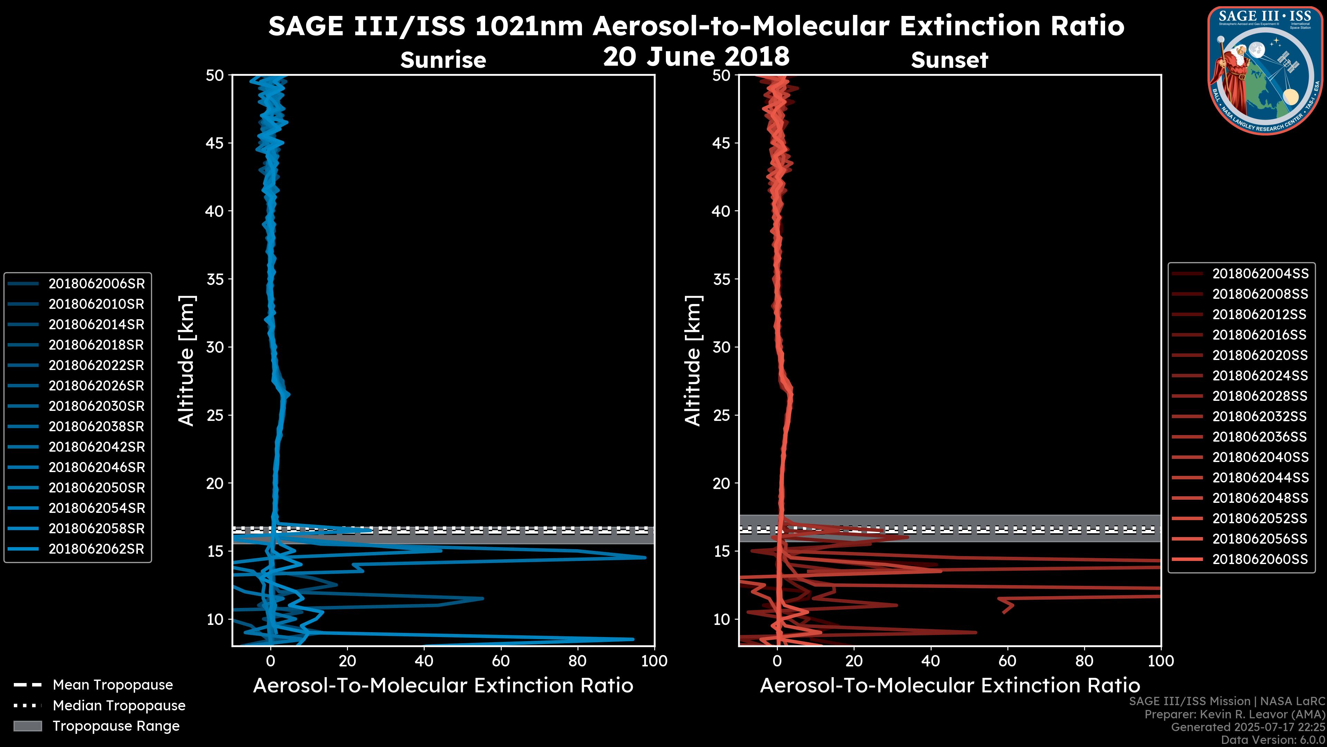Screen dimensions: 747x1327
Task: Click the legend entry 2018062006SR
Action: point(96,284)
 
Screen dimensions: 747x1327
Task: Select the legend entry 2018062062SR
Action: point(96,549)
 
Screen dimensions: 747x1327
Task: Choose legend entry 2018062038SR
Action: point(96,426)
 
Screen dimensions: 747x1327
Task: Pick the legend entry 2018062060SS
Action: point(1260,559)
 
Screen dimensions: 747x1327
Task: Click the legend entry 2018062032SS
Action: point(1260,416)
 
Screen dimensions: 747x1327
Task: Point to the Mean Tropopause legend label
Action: point(113,685)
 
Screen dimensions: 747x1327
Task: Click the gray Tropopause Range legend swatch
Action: point(27,726)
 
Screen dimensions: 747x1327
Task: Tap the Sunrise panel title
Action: point(443,60)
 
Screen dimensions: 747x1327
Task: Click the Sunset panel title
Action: point(949,60)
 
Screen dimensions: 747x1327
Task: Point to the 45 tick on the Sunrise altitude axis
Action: point(215,143)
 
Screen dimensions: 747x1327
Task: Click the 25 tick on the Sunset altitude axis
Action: point(722,415)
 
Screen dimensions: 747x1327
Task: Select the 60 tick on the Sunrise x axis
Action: point(501,661)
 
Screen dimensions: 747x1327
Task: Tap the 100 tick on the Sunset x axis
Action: point(1161,661)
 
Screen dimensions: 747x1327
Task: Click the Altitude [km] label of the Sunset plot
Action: point(693,361)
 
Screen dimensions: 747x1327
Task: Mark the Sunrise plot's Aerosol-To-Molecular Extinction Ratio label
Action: point(443,686)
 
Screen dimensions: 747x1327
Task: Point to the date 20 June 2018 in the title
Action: point(696,56)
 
